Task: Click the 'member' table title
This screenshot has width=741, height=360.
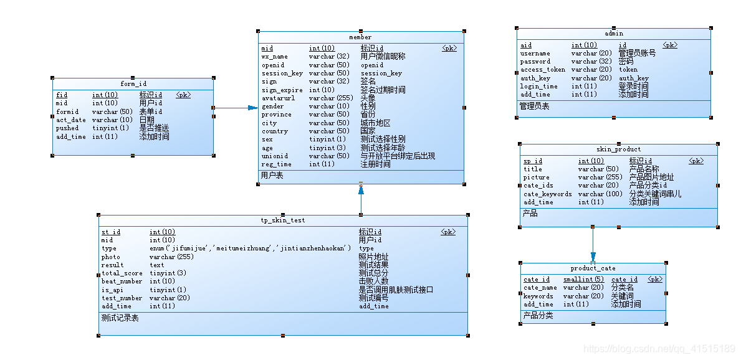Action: [x=360, y=37]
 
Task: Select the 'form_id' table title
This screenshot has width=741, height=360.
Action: [x=133, y=84]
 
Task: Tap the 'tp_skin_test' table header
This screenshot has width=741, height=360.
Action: [x=282, y=220]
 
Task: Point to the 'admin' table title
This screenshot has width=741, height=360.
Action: [x=614, y=34]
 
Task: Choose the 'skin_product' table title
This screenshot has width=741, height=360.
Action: [x=618, y=149]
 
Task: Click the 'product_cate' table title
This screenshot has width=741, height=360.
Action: [x=593, y=268]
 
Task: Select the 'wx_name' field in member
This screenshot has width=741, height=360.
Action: [x=275, y=57]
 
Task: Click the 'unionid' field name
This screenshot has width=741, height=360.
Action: [x=275, y=156]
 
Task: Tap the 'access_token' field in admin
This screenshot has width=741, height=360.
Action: [x=543, y=70]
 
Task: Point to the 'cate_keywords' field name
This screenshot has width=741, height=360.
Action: [x=547, y=194]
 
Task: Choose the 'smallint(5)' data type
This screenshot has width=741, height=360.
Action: [x=583, y=280]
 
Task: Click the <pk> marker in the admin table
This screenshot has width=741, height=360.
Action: [x=669, y=45]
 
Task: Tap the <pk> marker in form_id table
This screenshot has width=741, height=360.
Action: [x=183, y=95]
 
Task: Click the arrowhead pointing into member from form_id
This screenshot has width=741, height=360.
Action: [x=252, y=108]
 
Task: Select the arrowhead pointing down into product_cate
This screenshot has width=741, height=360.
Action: [x=593, y=257]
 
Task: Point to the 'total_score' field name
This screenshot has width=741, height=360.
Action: [x=122, y=273]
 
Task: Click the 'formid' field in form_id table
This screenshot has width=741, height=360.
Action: [x=67, y=112]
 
